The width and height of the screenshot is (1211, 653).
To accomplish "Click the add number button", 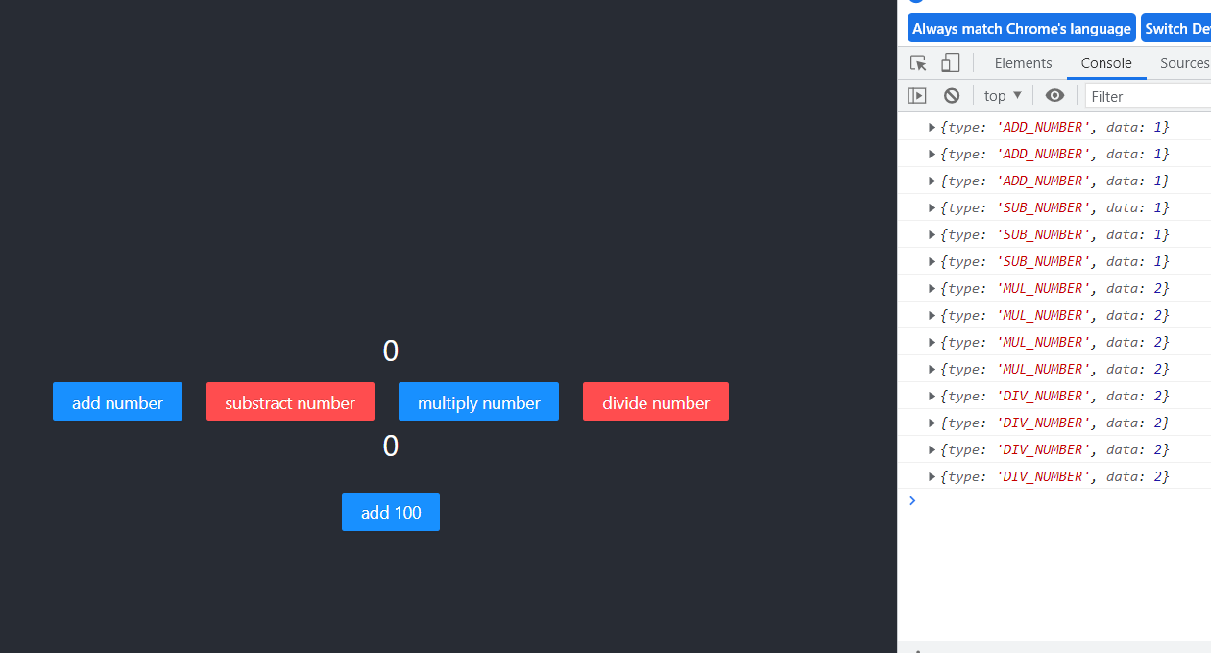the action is click(117, 402).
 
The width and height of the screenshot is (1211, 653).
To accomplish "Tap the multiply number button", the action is click(478, 402).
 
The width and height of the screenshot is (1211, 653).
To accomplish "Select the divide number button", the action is click(655, 402).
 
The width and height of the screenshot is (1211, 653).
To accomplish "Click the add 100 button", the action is click(390, 513).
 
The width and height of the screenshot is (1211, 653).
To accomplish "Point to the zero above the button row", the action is click(390, 351).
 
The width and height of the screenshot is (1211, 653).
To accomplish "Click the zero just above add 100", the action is click(390, 447).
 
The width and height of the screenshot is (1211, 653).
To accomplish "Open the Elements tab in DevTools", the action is click(1023, 63).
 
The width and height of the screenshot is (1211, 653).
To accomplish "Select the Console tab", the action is click(1105, 63).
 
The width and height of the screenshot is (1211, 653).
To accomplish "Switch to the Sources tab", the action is click(1183, 63).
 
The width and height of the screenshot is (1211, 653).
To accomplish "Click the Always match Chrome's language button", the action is click(1021, 29).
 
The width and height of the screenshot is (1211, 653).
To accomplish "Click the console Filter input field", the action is click(1148, 96).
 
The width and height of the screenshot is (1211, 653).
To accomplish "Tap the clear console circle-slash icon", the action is click(951, 96).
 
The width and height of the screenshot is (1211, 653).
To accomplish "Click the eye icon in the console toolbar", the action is click(1054, 96).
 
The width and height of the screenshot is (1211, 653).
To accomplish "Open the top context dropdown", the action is click(1003, 96).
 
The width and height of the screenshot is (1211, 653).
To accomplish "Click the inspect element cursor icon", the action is click(918, 63).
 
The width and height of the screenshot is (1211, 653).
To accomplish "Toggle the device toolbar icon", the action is click(950, 63).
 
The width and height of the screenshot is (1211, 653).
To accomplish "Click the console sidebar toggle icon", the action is click(917, 96).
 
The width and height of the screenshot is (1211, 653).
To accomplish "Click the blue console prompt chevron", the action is click(912, 500).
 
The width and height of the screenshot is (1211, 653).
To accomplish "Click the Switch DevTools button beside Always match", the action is click(1176, 29).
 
